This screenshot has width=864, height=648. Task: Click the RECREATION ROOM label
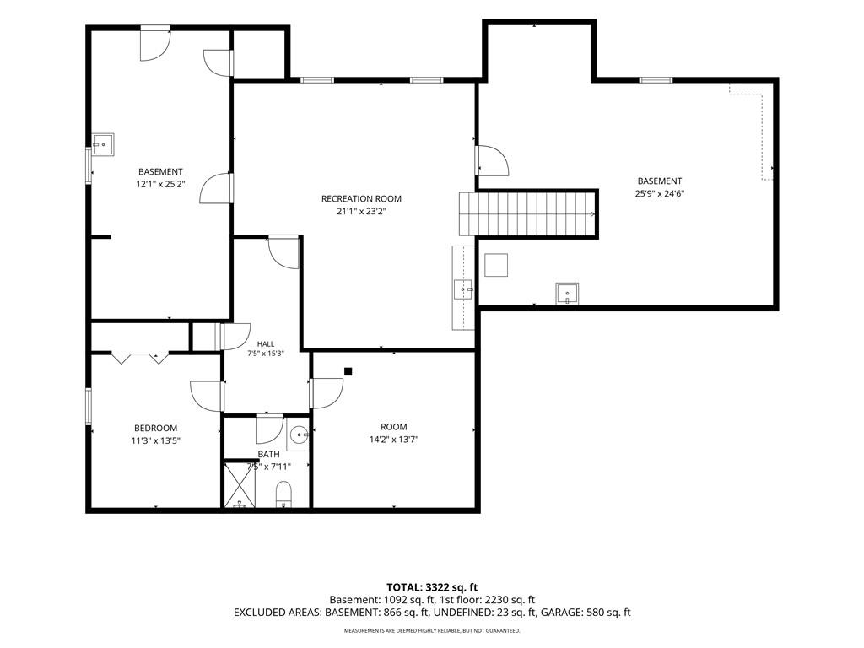tap(361, 199)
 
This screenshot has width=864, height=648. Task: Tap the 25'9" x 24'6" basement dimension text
tap(660, 193)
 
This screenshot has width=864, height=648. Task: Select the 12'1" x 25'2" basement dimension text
tap(160, 184)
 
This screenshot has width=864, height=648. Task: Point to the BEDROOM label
tap(156, 428)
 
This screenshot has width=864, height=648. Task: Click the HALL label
tap(266, 344)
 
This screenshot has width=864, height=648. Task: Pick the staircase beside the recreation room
tap(528, 213)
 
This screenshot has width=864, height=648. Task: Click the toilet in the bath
tap(283, 494)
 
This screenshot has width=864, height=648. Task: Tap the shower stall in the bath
tap(240, 484)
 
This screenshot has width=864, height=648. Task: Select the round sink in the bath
tap(300, 435)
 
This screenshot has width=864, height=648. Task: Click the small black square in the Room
tap(348, 372)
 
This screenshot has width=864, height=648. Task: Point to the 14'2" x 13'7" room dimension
tap(394, 440)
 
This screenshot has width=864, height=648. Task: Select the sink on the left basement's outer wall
tap(103, 144)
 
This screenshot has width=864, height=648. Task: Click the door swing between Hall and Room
tap(327, 393)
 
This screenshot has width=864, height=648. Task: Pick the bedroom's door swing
tap(207, 396)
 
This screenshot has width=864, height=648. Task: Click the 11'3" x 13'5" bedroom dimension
tap(156, 440)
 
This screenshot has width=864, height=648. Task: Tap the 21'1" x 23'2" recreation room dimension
tap(361, 211)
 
